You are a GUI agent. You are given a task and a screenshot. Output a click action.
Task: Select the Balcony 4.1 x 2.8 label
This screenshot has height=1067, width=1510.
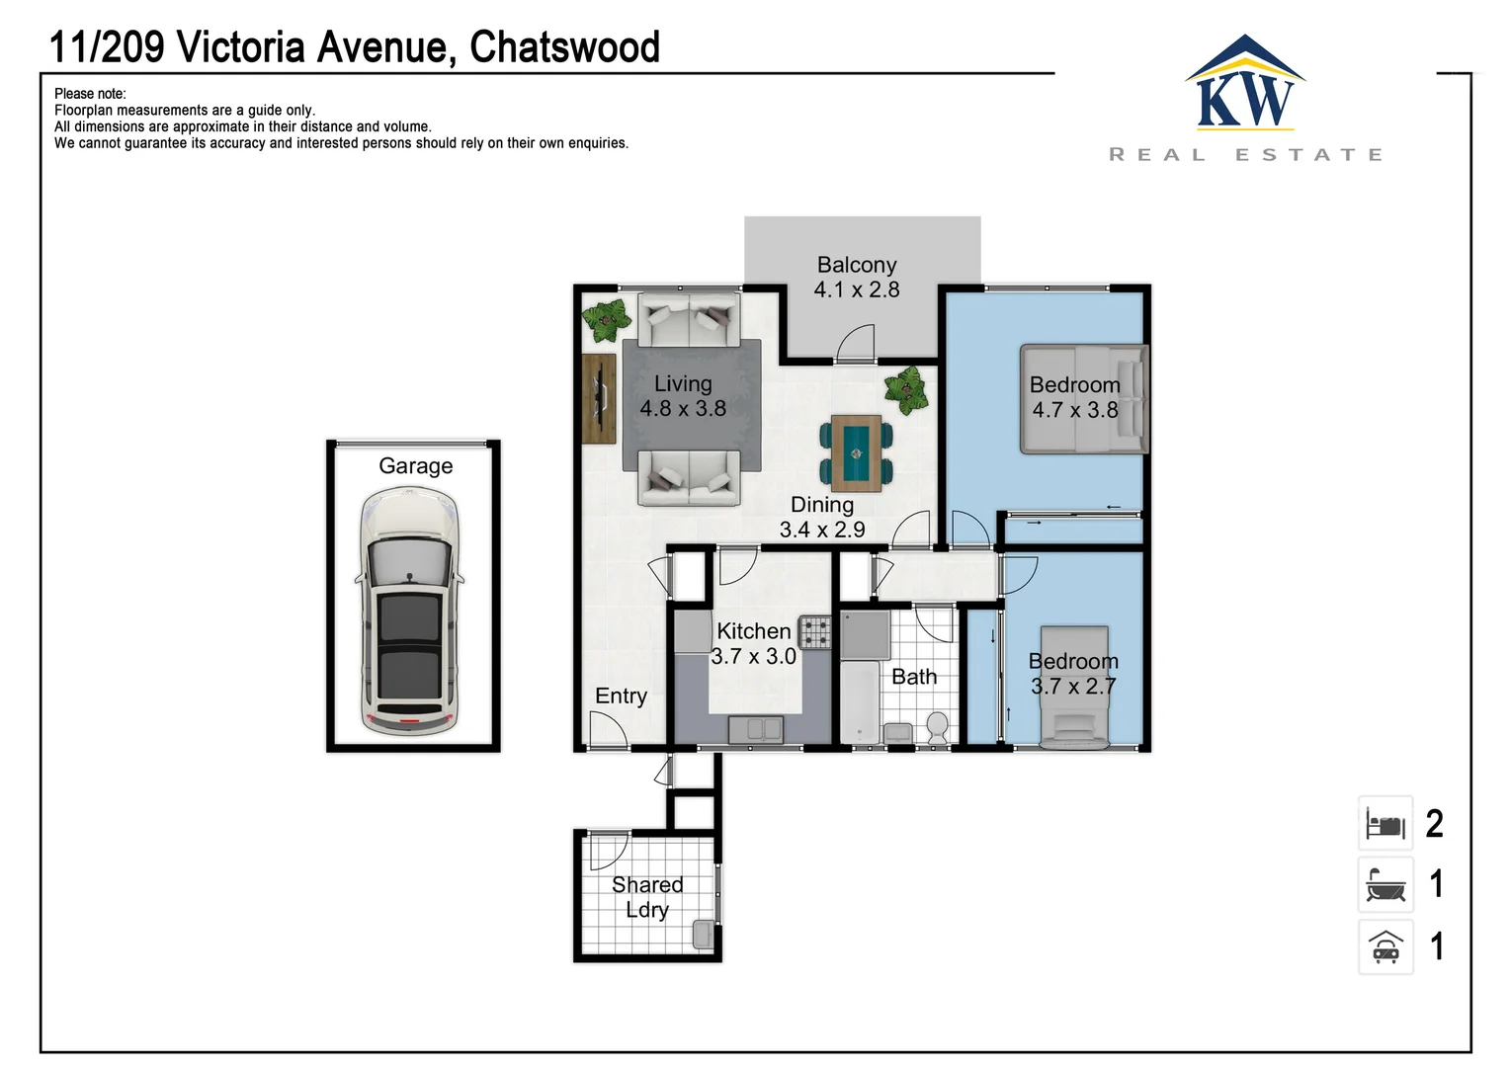857,278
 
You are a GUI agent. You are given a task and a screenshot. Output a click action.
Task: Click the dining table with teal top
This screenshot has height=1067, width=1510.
856,453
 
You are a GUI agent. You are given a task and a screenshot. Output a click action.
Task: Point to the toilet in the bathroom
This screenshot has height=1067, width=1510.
937,727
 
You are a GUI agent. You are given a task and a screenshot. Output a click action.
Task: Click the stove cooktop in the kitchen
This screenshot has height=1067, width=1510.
815,631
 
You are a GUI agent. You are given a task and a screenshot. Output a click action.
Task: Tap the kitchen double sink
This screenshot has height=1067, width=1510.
756,730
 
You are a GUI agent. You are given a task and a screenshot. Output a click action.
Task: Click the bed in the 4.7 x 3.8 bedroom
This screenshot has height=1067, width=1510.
1083,399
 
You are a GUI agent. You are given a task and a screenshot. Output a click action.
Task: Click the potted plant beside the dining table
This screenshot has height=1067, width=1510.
906,390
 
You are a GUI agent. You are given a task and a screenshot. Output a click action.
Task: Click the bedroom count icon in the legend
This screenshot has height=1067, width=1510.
1385,824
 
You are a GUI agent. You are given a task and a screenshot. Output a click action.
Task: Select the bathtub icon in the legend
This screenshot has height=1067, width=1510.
1385,885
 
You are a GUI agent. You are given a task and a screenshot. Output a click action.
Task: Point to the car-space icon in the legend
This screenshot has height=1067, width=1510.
1385,947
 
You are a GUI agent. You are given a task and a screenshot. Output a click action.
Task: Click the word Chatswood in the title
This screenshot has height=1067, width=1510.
564,47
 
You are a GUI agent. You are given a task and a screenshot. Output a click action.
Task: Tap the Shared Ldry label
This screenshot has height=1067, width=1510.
647,897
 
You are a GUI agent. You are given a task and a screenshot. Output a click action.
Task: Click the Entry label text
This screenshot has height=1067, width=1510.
621,697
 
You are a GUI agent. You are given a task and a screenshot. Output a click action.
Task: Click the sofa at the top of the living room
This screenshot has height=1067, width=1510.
689,319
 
